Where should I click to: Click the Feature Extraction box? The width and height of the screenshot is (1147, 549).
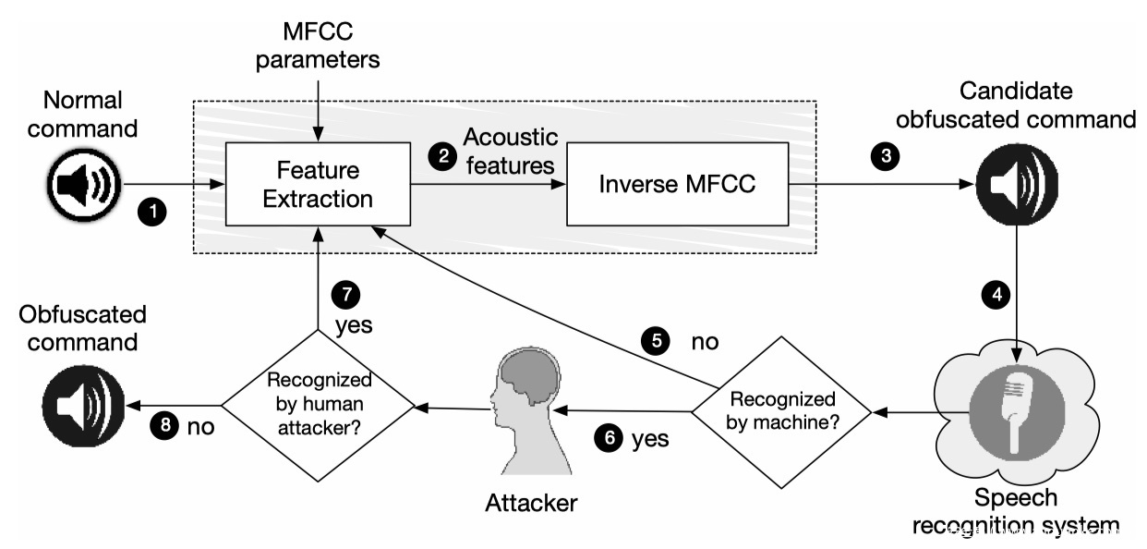[318, 184]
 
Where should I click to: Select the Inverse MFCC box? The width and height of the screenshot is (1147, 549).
[678, 184]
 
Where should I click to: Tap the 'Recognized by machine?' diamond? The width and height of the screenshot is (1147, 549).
[781, 412]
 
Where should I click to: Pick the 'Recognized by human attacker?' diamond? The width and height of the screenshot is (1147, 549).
[318, 406]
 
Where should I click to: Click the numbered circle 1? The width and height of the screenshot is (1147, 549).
[152, 212]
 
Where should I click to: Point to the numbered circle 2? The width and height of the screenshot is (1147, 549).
[442, 156]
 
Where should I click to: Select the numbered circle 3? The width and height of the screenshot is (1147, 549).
[886, 156]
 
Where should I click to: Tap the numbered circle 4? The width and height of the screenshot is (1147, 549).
[996, 295]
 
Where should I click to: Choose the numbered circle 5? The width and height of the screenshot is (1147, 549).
[656, 341]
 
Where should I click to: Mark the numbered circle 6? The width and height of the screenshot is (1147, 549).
[609, 438]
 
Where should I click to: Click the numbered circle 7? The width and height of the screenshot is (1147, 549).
[346, 295]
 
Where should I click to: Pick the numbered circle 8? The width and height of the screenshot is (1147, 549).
[165, 425]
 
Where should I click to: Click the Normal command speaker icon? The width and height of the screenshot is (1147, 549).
[83, 185]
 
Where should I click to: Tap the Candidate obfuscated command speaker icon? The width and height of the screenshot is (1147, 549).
[1017, 185]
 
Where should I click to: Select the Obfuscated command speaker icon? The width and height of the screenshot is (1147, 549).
[83, 406]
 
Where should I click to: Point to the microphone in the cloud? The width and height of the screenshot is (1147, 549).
[1017, 411]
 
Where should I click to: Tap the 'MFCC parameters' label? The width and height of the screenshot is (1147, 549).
[318, 45]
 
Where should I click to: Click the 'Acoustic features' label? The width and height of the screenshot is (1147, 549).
[511, 152]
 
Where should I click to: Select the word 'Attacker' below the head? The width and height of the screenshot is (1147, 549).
[531, 503]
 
